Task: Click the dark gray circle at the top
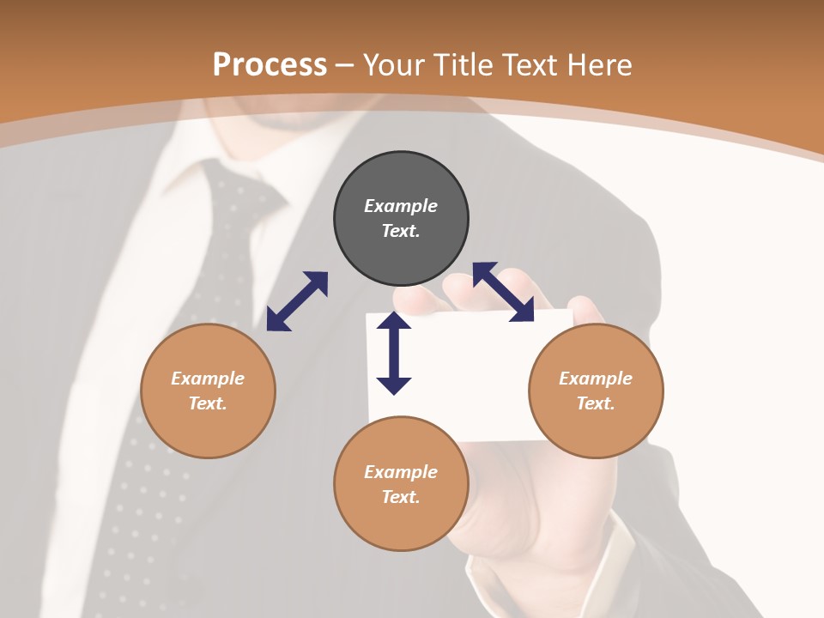[401, 218]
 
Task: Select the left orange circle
[208, 391]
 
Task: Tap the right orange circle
[596, 391]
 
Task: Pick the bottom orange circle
[401, 484]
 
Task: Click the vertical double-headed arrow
[394, 353]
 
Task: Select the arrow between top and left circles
[297, 301]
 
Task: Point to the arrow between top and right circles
[503, 292]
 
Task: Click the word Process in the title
[270, 64]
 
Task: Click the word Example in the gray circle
[401, 206]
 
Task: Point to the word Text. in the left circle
[208, 403]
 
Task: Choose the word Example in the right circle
[596, 379]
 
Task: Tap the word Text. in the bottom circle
[401, 497]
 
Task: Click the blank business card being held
[481, 369]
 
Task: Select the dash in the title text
[345, 65]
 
